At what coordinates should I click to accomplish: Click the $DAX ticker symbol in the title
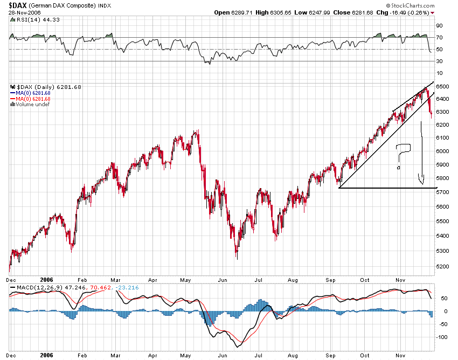tap(18, 5)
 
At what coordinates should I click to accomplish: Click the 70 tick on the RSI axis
tap(439, 38)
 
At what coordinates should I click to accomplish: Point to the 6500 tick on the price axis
tap(442, 87)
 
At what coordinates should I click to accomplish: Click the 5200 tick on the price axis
tap(442, 267)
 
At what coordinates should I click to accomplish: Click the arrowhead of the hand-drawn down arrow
tap(421, 180)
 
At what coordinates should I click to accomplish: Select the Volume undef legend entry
tap(32, 105)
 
